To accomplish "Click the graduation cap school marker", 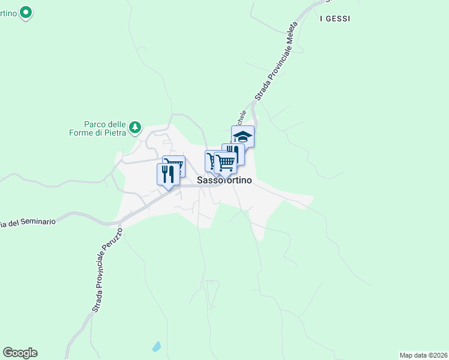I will (243, 137).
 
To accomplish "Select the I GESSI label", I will (335, 19).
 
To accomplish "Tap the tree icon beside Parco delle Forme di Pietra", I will (136, 127).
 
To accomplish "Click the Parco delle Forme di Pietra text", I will (100, 128).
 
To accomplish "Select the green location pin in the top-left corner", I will (26, 11).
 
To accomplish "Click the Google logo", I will (20, 353).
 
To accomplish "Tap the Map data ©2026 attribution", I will (424, 355).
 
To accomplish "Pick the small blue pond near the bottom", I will (157, 346).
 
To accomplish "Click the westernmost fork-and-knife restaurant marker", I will (168, 175).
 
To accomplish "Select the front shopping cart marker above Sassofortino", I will (225, 163).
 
